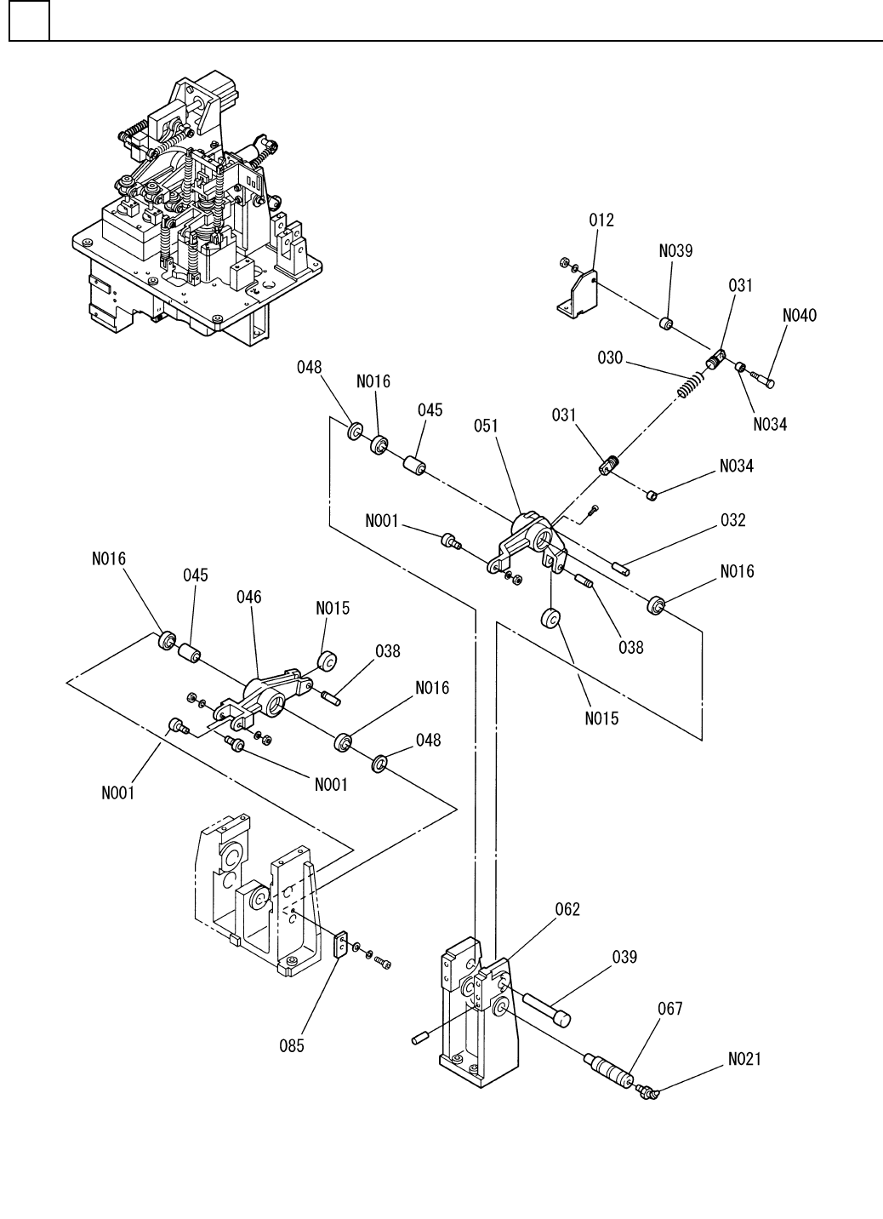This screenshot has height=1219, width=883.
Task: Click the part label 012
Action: pyautogui.click(x=601, y=220)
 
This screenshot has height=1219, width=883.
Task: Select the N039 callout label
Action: pyautogui.click(x=675, y=251)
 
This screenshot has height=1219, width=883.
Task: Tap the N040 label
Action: pyautogui.click(x=799, y=316)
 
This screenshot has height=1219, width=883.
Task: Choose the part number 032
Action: pyautogui.click(x=732, y=520)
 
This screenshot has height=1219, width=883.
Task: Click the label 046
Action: pyautogui.click(x=249, y=597)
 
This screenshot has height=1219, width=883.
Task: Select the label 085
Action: pyautogui.click(x=292, y=1046)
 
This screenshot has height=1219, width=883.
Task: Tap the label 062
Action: pyautogui.click(x=567, y=909)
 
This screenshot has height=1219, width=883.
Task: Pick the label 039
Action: pyautogui.click(x=624, y=956)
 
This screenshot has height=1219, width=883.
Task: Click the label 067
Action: pyautogui.click(x=670, y=1009)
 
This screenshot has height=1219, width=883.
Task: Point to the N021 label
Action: pyautogui.click(x=745, y=1059)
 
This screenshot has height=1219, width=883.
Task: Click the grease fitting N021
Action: pyautogui.click(x=649, y=1091)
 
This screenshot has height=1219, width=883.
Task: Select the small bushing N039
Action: pyautogui.click(x=666, y=324)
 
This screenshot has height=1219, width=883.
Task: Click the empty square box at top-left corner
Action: pyautogui.click(x=29, y=21)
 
